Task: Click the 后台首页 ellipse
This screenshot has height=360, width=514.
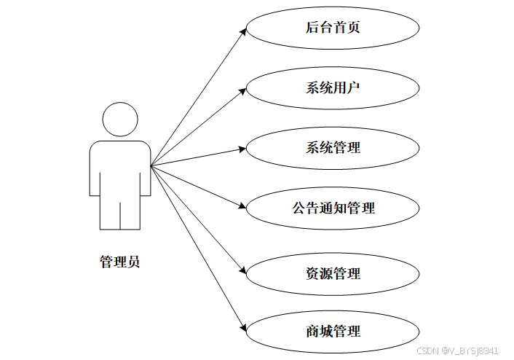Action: point(333,28)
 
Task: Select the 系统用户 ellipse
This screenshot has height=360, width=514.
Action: point(333,88)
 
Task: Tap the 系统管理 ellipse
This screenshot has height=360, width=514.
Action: point(333,148)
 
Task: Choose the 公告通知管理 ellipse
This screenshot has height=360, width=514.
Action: point(333,208)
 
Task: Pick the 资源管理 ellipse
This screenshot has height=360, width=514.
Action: point(333,274)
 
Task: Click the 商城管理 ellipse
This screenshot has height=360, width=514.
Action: point(333,332)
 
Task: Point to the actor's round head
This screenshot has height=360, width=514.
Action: point(120,119)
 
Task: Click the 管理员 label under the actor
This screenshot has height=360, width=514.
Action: point(119,262)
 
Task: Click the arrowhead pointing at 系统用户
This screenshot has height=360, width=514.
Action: point(242,90)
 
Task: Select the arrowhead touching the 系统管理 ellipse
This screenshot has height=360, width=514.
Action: point(242,149)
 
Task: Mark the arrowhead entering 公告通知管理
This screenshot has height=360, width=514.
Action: point(243,207)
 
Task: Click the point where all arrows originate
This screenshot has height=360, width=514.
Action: point(151,167)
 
